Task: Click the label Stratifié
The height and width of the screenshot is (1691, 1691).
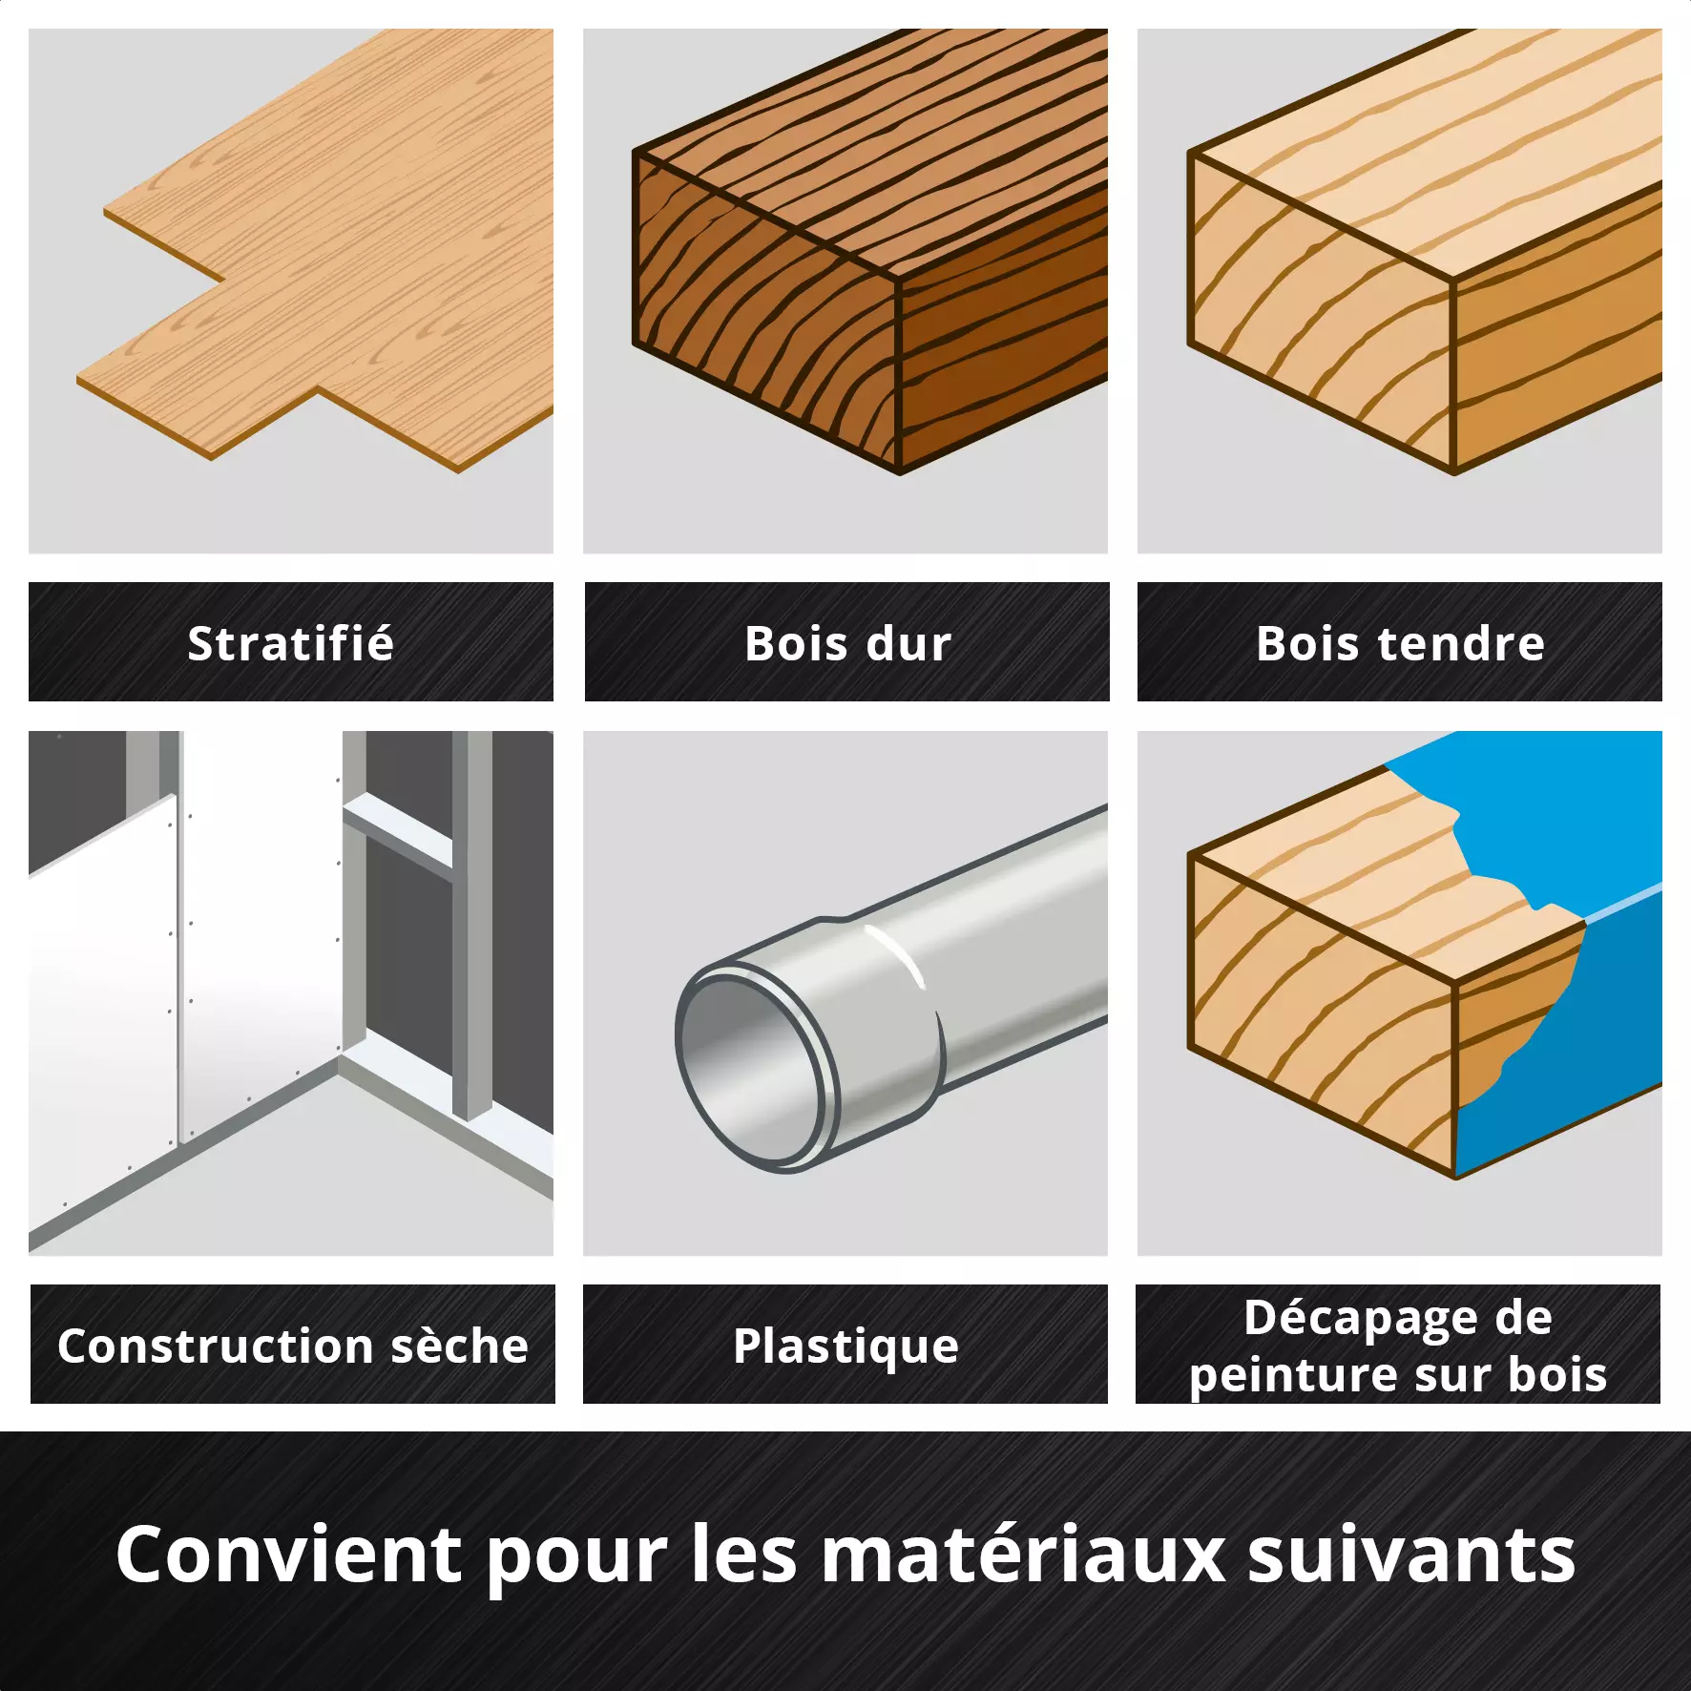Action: coord(290,642)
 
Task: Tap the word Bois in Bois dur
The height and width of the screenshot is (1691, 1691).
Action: coord(796,643)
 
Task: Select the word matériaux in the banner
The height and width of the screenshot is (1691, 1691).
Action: coord(1022,1555)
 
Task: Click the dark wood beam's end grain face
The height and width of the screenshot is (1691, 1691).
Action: coord(765,313)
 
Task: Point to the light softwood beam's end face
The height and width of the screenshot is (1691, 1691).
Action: coord(1321,315)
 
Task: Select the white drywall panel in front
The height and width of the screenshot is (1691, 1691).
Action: coord(102,1021)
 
